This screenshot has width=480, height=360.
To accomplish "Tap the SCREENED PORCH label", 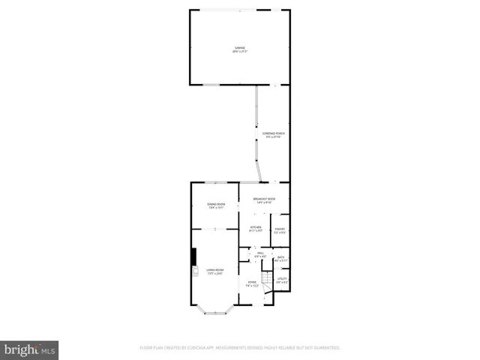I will (x=274, y=133).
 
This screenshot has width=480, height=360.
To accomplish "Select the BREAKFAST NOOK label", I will (x=264, y=199).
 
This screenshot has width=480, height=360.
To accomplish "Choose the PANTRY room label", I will (x=279, y=229).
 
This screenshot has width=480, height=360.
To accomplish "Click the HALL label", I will (x=260, y=253).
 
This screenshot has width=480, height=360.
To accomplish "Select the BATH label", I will (x=280, y=257).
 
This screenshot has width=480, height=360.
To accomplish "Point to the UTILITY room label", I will (x=282, y=278).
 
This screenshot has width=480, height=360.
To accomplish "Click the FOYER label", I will (x=253, y=282).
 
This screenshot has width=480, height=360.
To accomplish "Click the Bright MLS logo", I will (x=29, y=349).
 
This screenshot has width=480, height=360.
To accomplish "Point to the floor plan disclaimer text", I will (x=240, y=348).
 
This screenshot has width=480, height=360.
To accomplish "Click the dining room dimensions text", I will (x=216, y=208).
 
